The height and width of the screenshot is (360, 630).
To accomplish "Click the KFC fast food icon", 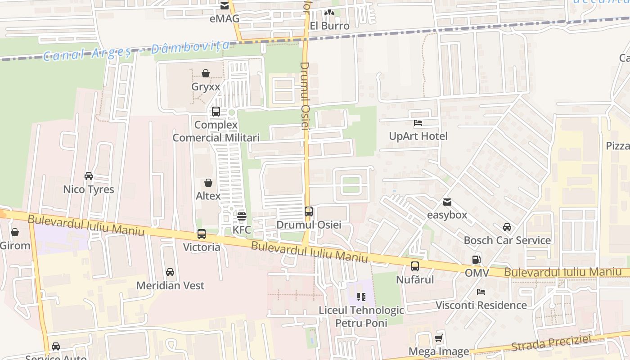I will (242, 216).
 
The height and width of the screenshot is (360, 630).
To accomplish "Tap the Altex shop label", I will (208, 196).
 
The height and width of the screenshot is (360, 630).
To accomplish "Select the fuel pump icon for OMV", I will (477, 259).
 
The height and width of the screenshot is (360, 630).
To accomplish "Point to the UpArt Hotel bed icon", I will (418, 122).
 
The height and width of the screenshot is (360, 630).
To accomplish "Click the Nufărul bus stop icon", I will (415, 266).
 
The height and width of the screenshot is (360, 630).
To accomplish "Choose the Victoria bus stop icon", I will (202, 234).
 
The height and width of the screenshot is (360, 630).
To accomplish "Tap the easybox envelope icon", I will (447, 202).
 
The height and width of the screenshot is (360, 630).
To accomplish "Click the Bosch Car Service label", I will (507, 240).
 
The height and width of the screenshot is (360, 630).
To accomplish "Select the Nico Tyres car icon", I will (89, 176).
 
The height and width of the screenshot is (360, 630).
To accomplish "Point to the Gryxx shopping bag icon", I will (206, 73).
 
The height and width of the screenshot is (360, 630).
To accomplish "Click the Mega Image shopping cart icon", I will (439, 338).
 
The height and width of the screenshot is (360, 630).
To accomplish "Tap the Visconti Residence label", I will (481, 305).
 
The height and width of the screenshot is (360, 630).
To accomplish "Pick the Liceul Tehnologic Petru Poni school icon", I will (361, 297).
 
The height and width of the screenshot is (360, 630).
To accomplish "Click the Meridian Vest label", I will (170, 285).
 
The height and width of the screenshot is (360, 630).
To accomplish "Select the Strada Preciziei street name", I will (551, 343).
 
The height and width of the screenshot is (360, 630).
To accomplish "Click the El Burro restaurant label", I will (329, 26).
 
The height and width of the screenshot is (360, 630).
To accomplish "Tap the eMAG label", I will (225, 18).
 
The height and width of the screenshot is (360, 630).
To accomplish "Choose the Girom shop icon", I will (15, 232).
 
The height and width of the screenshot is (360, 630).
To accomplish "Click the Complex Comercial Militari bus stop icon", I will (216, 111).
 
